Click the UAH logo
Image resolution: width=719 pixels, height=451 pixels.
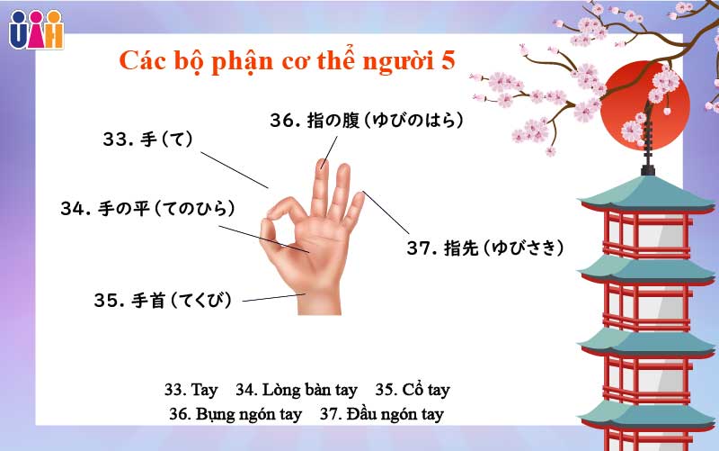click(36, 29)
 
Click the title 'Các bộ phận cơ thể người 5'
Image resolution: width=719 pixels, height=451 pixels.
click(288, 60)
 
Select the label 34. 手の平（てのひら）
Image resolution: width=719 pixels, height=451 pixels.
click(148, 209)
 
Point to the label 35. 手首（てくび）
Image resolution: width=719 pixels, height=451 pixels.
click(163, 301)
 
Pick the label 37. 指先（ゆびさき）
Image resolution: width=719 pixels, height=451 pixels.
click(485, 248)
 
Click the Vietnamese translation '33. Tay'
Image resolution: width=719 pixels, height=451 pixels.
click(191, 391)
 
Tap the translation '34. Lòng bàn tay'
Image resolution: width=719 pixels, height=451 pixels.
click(297, 391)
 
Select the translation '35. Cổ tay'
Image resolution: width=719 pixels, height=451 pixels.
click(413, 391)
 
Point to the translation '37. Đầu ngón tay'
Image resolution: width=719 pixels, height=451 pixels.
click(382, 415)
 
